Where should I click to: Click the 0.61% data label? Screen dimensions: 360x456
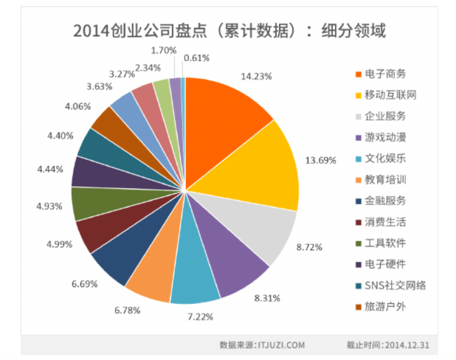pos(196,56)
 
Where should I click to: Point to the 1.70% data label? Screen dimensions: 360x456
pos(162,50)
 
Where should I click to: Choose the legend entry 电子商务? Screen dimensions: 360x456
pos(385,74)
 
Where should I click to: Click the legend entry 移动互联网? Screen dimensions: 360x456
pos(390,94)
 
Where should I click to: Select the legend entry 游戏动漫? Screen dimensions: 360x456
pos(385,137)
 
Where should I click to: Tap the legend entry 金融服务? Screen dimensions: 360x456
pos(385,200)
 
